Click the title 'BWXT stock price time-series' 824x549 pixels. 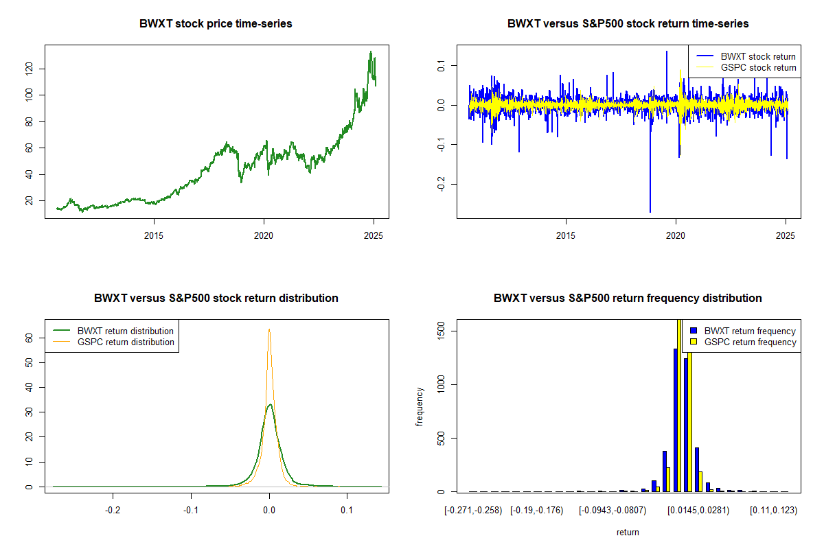(x=216, y=23)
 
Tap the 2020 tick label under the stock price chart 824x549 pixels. (x=264, y=235)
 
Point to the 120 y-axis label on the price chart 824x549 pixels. (x=29, y=69)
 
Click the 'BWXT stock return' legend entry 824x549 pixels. (x=746, y=56)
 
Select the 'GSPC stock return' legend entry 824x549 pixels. (x=746, y=67)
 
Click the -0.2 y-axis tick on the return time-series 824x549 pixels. (x=441, y=184)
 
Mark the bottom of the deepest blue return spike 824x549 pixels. (x=650, y=212)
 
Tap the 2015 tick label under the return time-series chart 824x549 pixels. (x=565, y=235)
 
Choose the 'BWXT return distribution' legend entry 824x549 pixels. (x=113, y=331)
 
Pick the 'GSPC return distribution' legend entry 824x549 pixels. (x=113, y=342)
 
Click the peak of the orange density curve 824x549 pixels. (x=269, y=329)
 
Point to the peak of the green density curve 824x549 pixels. (x=270, y=404)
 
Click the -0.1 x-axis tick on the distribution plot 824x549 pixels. (x=191, y=510)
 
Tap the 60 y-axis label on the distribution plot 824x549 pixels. (x=29, y=338)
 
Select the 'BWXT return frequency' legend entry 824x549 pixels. (x=743, y=331)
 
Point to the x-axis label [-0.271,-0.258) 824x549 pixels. (x=473, y=511)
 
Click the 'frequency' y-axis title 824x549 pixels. (x=419, y=407)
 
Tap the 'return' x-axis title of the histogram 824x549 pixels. (x=628, y=532)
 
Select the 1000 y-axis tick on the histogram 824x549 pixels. (x=441, y=384)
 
